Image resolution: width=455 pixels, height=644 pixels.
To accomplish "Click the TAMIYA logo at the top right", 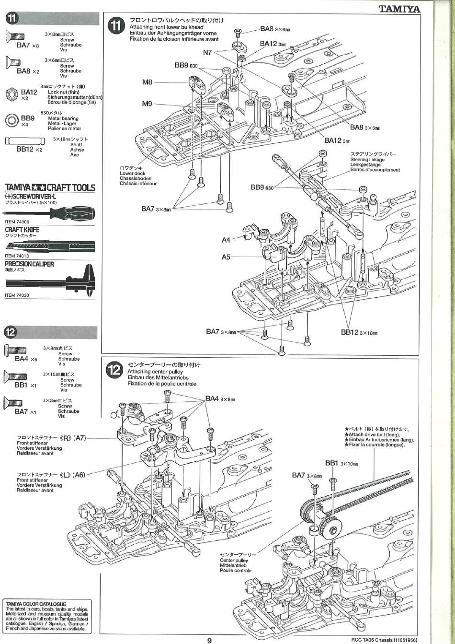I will click(x=399, y=9).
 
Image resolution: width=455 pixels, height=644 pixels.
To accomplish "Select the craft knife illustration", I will click(x=50, y=246).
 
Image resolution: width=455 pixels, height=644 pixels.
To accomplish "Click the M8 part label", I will click(x=147, y=82).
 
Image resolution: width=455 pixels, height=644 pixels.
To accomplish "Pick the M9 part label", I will click(x=147, y=103).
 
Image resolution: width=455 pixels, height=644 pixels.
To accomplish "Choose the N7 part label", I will click(x=207, y=52).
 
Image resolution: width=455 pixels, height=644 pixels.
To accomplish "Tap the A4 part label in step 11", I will click(x=226, y=240).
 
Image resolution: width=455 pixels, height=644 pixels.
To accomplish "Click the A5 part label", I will click(x=226, y=257).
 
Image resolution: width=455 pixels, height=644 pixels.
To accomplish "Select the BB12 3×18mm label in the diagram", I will click(x=359, y=332).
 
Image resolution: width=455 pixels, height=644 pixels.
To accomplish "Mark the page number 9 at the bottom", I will click(x=209, y=639).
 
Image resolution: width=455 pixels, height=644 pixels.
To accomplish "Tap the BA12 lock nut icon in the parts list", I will click(x=12, y=93).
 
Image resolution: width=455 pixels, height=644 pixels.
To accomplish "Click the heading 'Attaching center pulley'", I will click(x=155, y=372).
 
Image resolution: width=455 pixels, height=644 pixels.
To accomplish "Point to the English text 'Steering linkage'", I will click(x=367, y=159).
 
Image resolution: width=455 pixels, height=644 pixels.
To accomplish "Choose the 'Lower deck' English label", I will click(x=133, y=173).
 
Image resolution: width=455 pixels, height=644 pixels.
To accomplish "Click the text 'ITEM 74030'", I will click(x=17, y=295).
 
